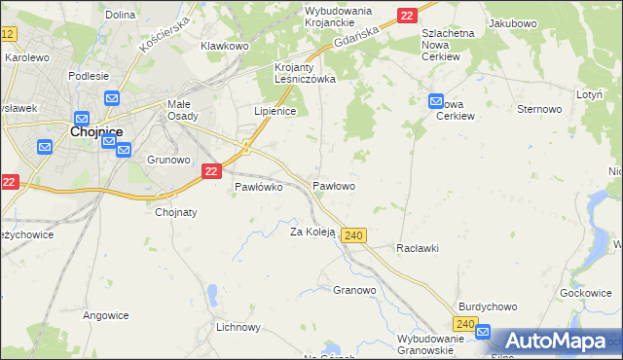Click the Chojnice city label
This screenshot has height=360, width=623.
(x=93, y=132)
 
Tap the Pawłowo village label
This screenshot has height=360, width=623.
(x=333, y=185)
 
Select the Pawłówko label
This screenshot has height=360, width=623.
(x=258, y=188)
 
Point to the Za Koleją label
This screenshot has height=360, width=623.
(x=312, y=232)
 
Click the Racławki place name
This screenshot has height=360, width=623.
(x=417, y=248)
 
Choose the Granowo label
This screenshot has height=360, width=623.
(x=354, y=290)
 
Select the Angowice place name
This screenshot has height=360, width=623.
(x=106, y=314)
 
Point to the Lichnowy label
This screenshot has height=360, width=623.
(x=238, y=328)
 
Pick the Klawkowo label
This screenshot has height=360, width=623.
(x=225, y=46)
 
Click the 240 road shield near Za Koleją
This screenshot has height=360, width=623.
(x=354, y=235)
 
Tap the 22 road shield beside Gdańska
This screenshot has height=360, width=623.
(x=407, y=15)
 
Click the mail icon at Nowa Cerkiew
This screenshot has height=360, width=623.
(x=435, y=100)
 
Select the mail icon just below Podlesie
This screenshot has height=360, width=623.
(x=111, y=98)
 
